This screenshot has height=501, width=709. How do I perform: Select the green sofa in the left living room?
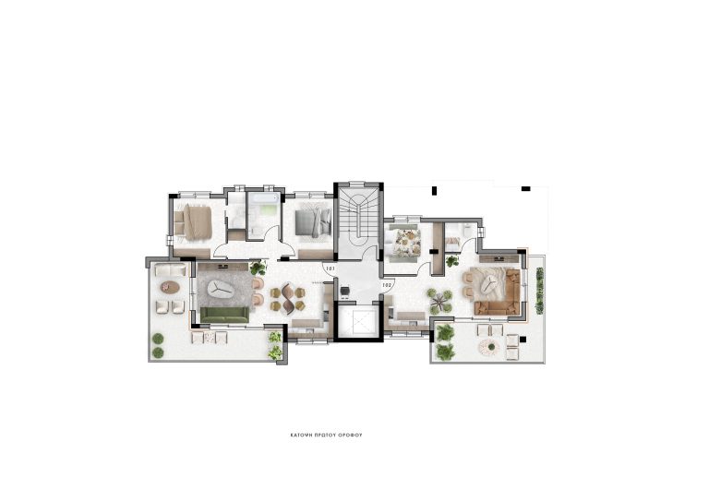(x=223, y=316)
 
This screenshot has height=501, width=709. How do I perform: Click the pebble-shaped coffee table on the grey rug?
(x=220, y=289)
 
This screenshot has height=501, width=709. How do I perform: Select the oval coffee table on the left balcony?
(x=168, y=287)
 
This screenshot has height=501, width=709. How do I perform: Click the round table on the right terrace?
(x=487, y=347)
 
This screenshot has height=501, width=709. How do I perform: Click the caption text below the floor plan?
(x=354, y=433)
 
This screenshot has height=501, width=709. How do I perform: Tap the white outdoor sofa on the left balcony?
(x=171, y=270)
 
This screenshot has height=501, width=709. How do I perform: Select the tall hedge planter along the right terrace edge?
(x=539, y=291)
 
